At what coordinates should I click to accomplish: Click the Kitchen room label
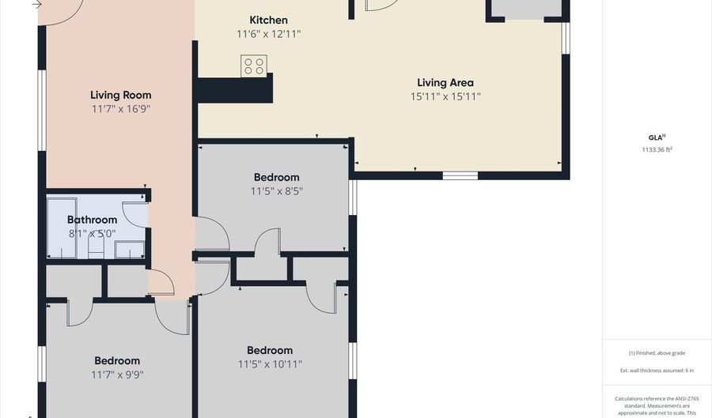[x=268, y=20]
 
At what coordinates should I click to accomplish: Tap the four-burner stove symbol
[x=254, y=66]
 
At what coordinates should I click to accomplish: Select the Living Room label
[x=120, y=95]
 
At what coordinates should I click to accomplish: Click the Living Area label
[x=445, y=82]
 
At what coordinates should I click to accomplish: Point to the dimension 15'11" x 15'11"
[x=445, y=96]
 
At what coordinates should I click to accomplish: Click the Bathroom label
[x=92, y=220]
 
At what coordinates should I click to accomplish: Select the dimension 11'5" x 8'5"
[x=277, y=191]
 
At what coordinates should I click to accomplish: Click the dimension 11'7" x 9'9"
[x=117, y=375]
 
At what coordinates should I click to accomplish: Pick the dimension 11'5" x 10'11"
[x=270, y=364]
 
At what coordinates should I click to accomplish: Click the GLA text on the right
[x=657, y=137]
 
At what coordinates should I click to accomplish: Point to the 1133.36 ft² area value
[x=657, y=149]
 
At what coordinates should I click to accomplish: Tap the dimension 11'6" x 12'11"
[x=268, y=34]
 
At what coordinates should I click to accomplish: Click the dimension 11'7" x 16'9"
[x=120, y=109]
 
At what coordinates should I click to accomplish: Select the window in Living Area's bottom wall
[x=460, y=175]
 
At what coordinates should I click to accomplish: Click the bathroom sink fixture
[x=130, y=250]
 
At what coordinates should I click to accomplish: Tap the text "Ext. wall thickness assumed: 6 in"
[x=657, y=370]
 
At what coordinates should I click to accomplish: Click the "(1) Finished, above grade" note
[x=657, y=353]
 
